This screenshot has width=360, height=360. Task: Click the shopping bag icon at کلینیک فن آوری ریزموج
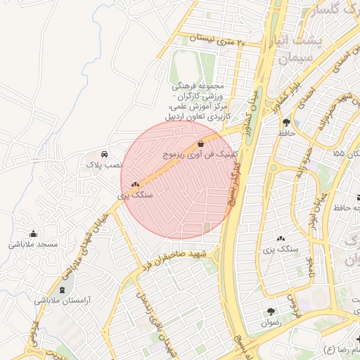[202, 143]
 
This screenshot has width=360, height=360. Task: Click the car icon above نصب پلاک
[104, 153]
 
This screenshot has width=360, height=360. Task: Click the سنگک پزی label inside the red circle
[135, 193]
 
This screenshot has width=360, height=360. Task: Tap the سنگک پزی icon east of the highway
[281, 239]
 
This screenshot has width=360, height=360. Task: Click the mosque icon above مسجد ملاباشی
[33, 234]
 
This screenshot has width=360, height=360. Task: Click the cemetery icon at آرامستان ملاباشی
[62, 290]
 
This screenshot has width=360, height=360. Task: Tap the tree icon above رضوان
[270, 311]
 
